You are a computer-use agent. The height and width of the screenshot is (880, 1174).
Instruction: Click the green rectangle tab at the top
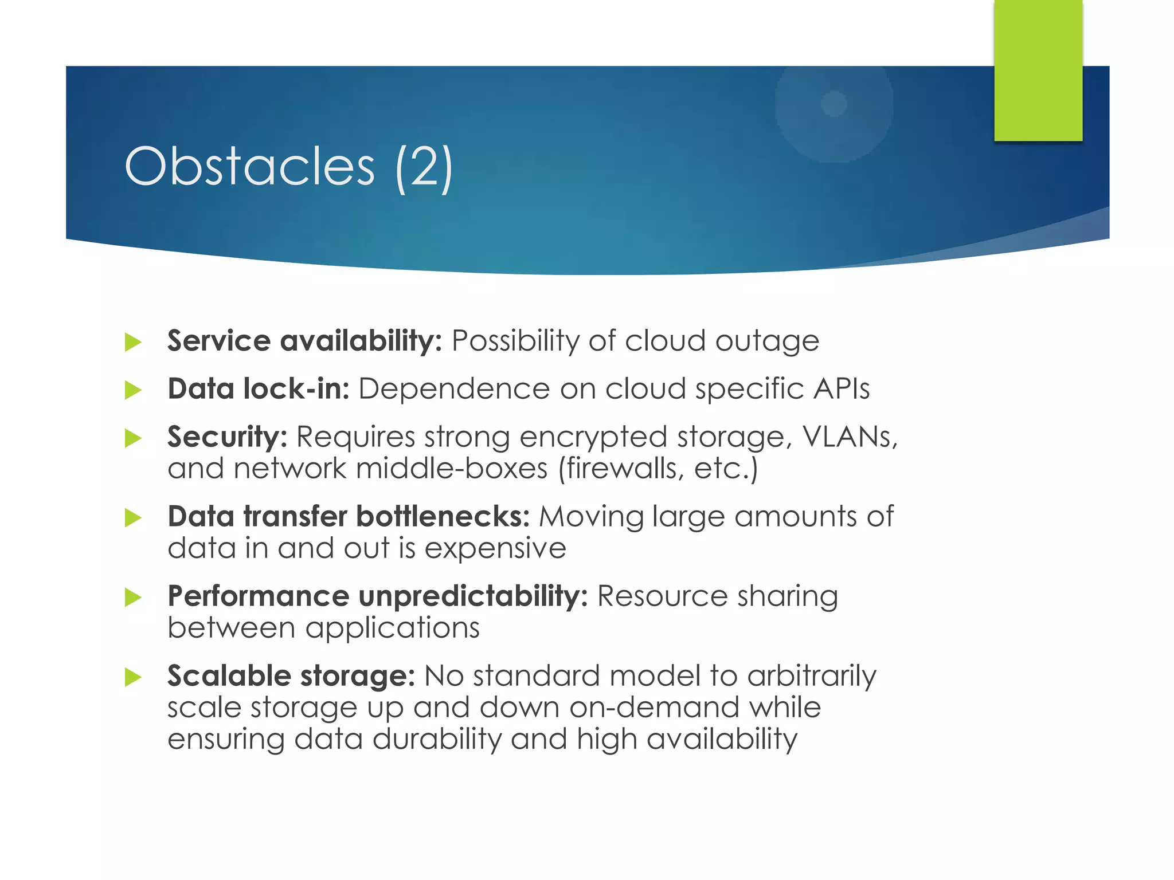1038,70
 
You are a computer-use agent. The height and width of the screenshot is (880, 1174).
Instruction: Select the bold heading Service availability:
304,341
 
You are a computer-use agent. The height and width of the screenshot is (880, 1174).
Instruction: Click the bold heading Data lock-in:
259,389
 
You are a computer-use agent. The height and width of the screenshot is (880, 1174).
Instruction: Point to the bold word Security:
227,437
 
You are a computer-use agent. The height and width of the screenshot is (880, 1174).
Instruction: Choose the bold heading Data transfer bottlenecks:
349,517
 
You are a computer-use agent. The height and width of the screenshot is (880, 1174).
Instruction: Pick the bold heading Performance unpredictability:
378,596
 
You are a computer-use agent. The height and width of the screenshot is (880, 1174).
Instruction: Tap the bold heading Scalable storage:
291,676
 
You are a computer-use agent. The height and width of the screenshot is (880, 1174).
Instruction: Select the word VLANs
848,437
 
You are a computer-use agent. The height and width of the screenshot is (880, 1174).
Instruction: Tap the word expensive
495,549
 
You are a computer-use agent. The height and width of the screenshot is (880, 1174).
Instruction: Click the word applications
393,628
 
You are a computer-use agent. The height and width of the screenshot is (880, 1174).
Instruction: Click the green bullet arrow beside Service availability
133,343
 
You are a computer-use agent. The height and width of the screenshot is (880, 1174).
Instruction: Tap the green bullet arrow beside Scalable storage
133,678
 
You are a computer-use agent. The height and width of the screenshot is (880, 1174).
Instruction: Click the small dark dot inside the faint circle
834,104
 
